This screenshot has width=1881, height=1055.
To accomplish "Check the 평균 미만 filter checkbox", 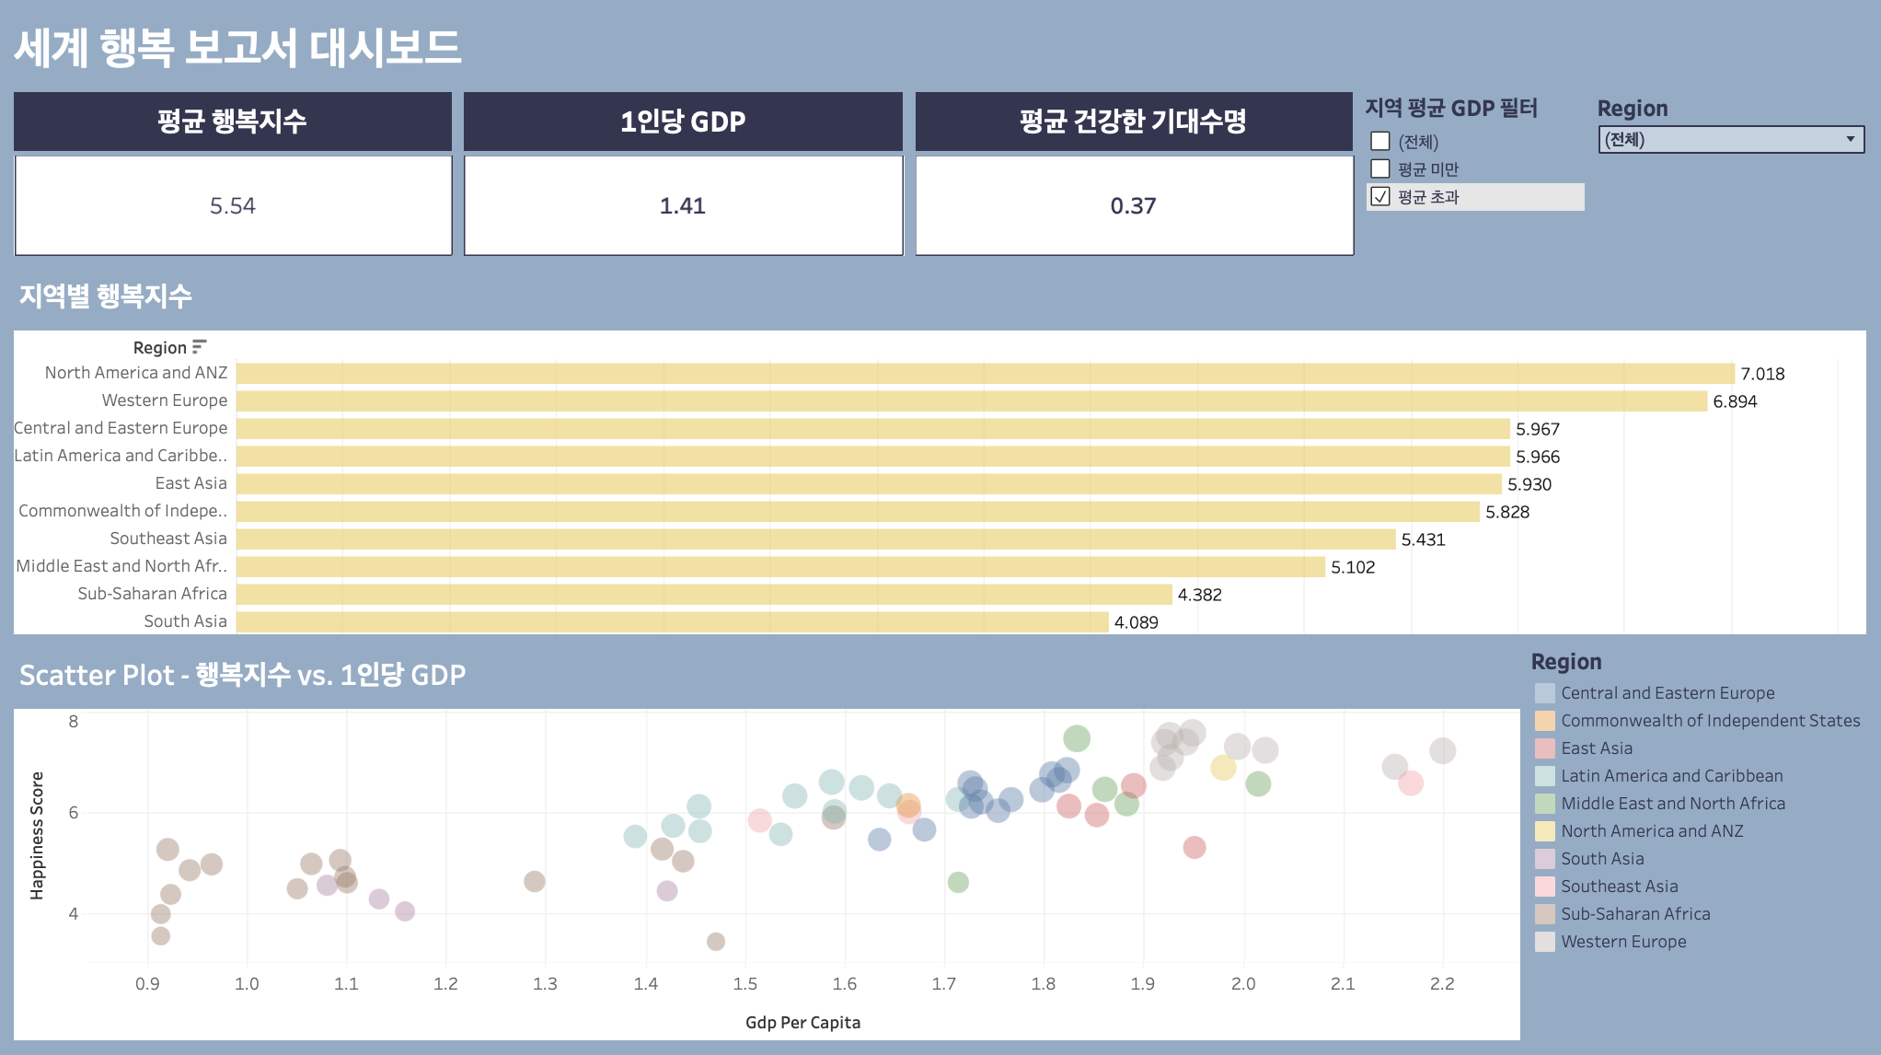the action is [1379, 168].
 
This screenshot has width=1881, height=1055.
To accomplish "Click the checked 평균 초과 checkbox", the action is [1379, 196].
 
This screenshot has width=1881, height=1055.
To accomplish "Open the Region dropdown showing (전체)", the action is [1731, 139].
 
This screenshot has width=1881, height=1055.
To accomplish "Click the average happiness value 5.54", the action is [233, 205].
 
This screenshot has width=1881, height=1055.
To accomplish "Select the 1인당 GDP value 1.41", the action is [682, 205].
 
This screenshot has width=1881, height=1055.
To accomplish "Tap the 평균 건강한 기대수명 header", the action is [1133, 121].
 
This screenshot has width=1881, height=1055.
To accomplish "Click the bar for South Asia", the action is [673, 621].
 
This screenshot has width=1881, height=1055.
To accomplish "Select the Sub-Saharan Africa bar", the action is [704, 594].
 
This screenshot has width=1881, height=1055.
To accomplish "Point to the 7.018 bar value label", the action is [1762, 374].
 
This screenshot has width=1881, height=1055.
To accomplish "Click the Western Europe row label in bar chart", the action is [164, 400].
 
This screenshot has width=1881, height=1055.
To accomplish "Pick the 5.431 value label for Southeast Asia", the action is [1423, 539].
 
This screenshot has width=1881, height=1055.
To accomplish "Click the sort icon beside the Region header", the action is [199, 346].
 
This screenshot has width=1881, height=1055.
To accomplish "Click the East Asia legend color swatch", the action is [1544, 748].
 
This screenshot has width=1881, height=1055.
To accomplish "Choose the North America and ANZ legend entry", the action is [1652, 831].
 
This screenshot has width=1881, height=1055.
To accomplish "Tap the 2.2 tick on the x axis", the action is [1442, 983].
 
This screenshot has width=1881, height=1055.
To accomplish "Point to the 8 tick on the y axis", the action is [74, 721].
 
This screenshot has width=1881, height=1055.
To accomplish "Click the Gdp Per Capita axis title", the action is [802, 1022].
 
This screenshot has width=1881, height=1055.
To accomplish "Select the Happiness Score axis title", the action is [37, 835].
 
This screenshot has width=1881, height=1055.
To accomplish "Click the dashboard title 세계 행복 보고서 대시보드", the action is [237, 48].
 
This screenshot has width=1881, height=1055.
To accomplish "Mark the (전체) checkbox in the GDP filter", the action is [1379, 141].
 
